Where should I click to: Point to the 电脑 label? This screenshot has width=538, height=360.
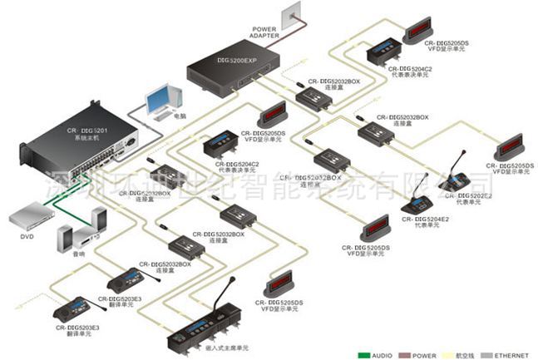(x=180, y=116)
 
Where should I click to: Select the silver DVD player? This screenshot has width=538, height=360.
(x=31, y=218)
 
